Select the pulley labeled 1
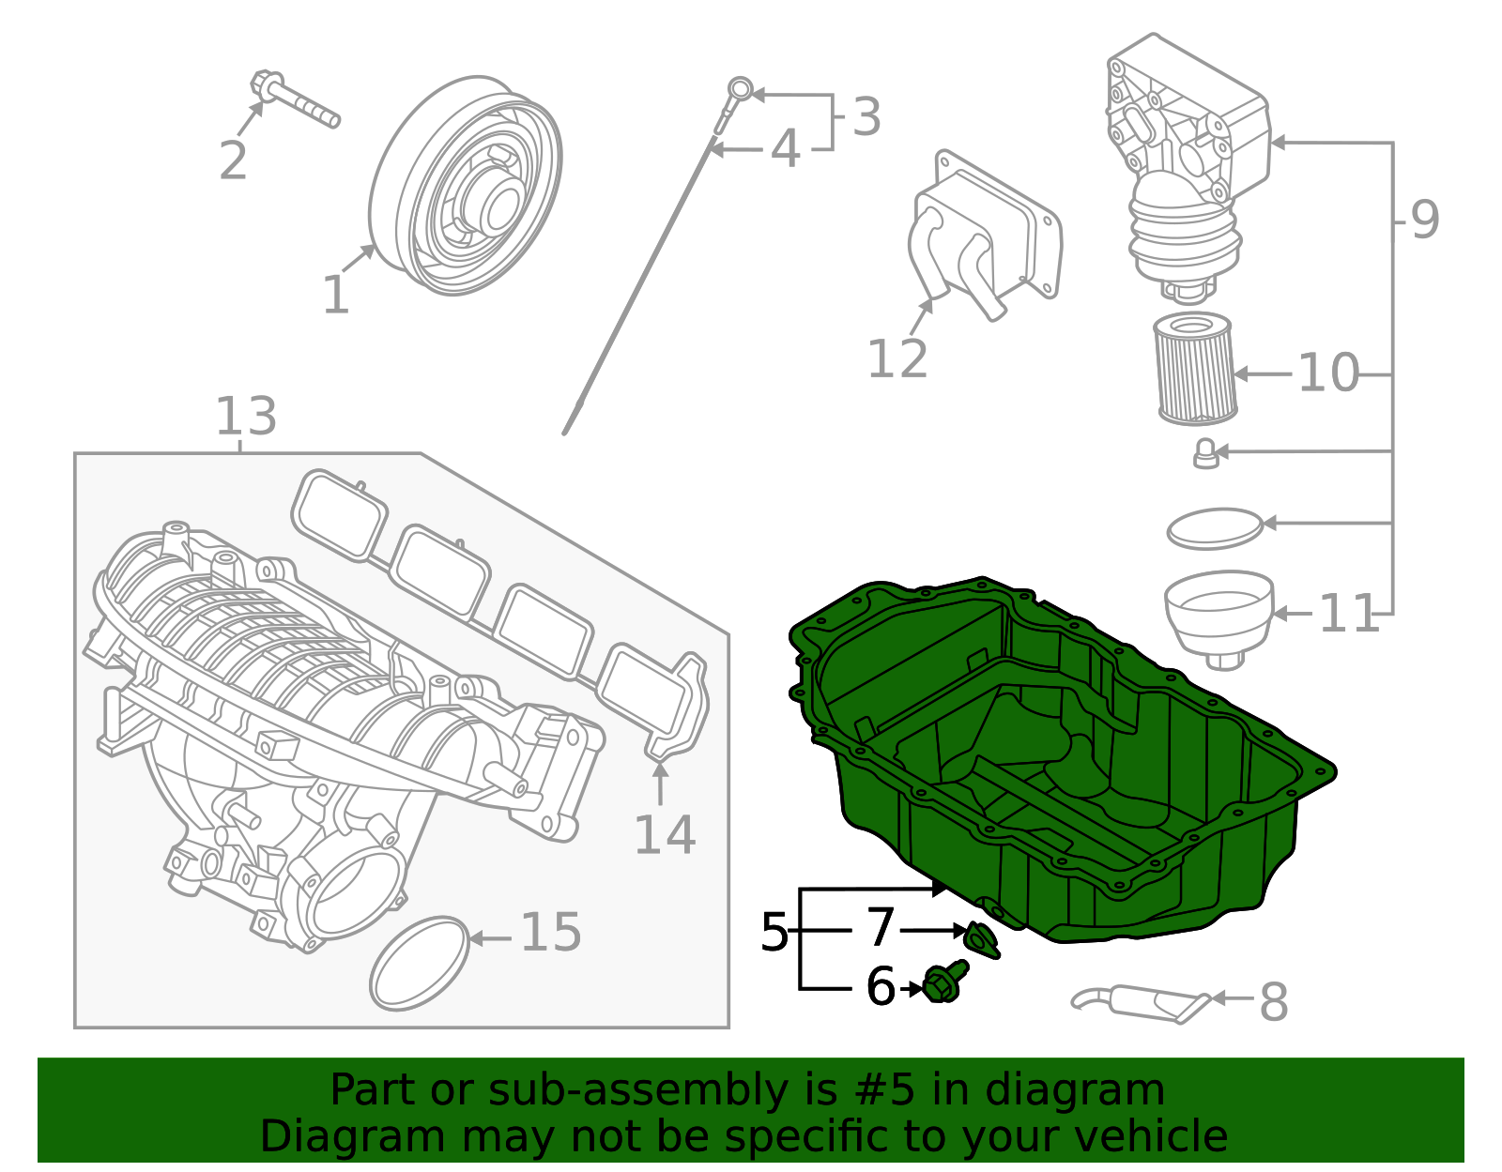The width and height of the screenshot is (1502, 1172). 467,187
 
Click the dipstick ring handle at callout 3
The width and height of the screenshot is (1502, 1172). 741,90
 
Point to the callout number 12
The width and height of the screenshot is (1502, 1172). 897,359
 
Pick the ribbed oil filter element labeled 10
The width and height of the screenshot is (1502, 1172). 1194,371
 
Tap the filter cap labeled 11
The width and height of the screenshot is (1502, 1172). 1219,616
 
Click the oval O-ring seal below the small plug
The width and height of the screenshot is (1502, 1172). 1214,530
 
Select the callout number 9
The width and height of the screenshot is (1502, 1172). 1424,221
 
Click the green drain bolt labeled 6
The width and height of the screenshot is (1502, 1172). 943,983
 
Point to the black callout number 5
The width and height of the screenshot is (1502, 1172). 774,933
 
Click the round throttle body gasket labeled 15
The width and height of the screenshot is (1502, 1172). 420,964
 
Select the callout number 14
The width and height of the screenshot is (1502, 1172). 665,835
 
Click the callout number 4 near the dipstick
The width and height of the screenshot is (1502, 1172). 785,149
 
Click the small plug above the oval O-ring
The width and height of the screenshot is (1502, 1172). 1205,453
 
